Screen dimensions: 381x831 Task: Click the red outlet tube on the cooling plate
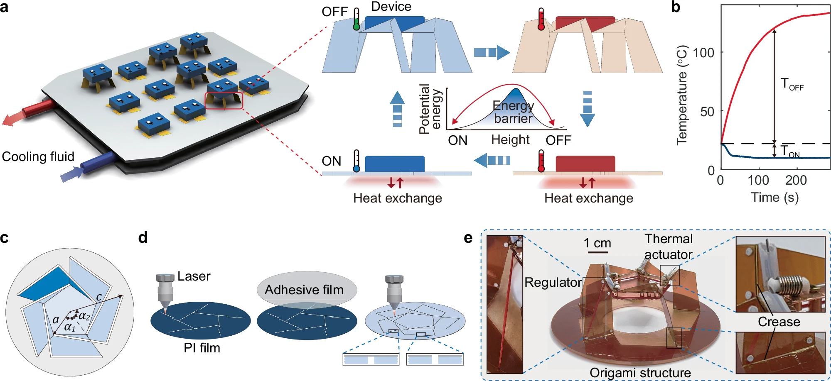pos(37,109)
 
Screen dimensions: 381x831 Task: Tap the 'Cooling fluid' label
pos(38,157)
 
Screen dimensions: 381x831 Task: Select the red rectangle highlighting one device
pos(224,101)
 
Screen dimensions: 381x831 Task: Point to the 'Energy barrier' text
pos(513,112)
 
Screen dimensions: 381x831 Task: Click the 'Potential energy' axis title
pos(430,109)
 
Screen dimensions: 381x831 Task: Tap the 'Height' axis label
pos(510,140)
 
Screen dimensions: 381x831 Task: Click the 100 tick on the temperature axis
pos(703,53)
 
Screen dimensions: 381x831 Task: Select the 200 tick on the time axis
pos(796,180)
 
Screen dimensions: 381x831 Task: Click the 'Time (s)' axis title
pos(775,198)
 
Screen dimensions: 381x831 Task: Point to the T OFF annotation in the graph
pos(792,84)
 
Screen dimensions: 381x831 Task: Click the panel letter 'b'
pos(676,7)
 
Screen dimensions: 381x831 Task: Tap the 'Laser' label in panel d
pos(194,276)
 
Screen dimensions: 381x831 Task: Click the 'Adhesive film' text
pos(304,290)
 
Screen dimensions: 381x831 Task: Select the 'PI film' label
pos(202,348)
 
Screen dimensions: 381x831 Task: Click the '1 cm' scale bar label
pos(597,243)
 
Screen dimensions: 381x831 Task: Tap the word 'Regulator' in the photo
pos(553,283)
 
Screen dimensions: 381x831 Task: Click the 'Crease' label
pos(779,322)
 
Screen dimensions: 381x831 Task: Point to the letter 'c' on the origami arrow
pos(99,297)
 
